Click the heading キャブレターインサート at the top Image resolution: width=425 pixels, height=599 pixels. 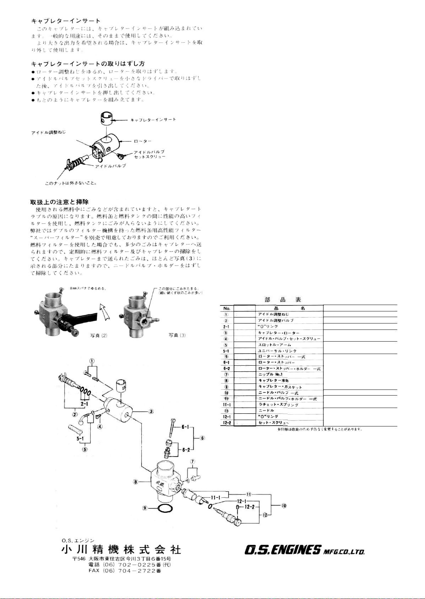click(66, 21)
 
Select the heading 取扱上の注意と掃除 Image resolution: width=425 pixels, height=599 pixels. click(59, 202)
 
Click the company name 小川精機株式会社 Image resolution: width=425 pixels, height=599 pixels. click(121, 550)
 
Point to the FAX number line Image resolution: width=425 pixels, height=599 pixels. click(125, 571)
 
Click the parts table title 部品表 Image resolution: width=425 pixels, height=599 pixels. click(283, 299)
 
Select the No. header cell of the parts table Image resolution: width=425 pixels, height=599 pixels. click(227, 308)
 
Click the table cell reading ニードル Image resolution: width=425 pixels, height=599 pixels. click(266, 410)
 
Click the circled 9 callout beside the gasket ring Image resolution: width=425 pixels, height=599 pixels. click(145, 508)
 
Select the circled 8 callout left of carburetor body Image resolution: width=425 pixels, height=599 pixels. click(136, 482)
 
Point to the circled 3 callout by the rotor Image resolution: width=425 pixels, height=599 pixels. click(151, 412)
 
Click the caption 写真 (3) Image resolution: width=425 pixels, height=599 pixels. click(177, 335)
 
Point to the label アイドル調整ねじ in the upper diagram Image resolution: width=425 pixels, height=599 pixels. click(48, 132)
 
